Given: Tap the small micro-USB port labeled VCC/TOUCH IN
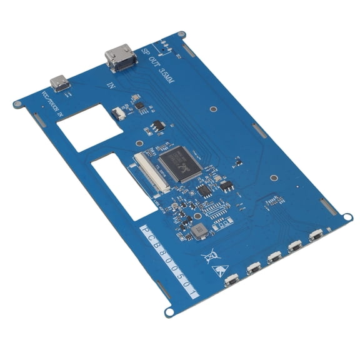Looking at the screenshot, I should point(61,82).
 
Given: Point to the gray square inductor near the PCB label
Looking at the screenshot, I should point(199,232).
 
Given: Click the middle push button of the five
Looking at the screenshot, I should point(273,257).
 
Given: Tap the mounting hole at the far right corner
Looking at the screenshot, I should point(348,217).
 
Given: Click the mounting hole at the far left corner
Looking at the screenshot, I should point(16,104).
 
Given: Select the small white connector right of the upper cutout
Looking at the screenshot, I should point(118,113).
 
